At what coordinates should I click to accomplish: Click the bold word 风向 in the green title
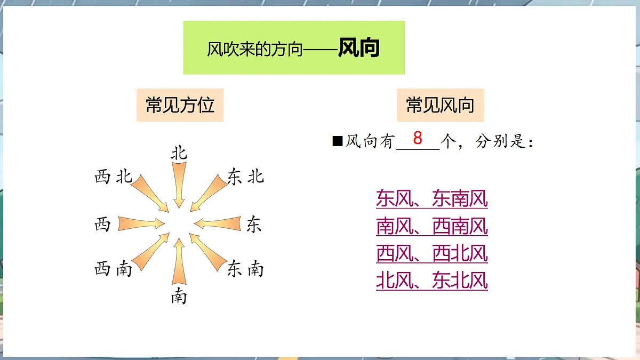tap(358, 49)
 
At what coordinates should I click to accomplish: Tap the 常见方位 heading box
tap(180, 105)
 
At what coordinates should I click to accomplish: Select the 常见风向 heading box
tap(440, 105)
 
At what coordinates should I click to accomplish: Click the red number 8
tap(418, 138)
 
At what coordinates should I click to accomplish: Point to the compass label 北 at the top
tap(179, 154)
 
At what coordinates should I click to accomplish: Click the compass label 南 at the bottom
tap(179, 295)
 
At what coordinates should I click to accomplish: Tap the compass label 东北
tap(245, 177)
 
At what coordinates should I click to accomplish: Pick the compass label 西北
tap(113, 177)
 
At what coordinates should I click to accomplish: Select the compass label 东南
tap(245, 269)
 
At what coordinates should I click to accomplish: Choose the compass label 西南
tap(113, 269)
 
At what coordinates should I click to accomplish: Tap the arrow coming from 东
tap(219, 223)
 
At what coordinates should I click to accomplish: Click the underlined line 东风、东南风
tap(431, 199)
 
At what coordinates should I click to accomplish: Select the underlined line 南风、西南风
tap(431, 226)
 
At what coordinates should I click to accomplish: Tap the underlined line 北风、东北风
tap(431, 281)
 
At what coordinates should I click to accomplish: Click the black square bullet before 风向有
tap(337, 141)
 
